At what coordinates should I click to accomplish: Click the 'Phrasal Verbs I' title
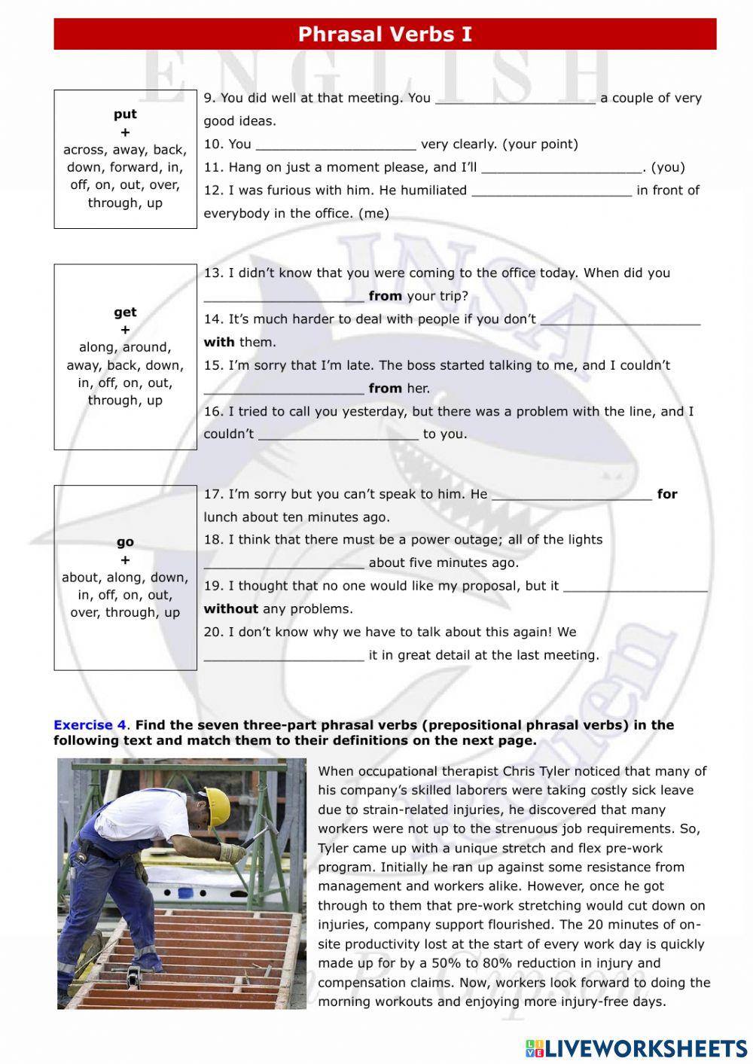(385, 35)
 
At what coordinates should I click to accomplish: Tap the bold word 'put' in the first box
(125, 114)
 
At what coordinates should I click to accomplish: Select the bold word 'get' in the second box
(125, 312)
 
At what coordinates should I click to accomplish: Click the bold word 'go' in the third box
(125, 542)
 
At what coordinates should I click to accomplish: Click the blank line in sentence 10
(336, 145)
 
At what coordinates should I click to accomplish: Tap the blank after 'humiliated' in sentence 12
(551, 191)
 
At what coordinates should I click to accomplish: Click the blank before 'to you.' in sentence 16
(338, 435)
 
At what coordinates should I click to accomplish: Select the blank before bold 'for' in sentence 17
(572, 495)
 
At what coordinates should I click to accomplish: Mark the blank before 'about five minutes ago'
(284, 564)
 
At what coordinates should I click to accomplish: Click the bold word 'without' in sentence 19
(230, 609)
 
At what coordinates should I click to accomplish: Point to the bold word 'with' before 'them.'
(219, 343)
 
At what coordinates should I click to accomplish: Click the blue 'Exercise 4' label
(90, 725)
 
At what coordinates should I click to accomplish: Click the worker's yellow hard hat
(217, 805)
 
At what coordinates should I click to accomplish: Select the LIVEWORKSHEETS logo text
(645, 1048)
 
